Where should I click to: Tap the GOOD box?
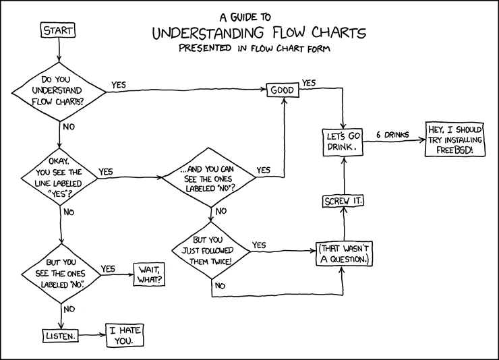283,90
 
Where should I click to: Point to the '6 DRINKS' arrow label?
392,134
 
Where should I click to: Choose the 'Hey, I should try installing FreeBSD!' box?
455,139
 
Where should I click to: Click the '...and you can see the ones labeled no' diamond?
209,178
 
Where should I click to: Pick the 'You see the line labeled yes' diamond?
61,177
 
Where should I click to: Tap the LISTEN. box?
59,334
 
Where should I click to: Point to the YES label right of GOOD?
309,83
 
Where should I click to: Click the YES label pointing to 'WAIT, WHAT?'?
108,268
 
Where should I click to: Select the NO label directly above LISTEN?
69,309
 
